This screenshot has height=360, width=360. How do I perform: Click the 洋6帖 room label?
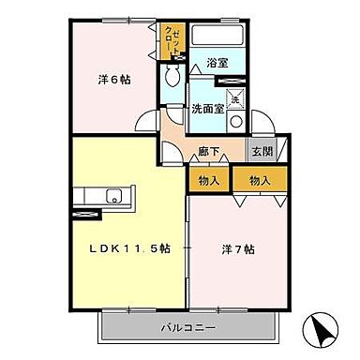[x=114, y=80]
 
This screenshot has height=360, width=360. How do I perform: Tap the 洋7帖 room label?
[x=238, y=249]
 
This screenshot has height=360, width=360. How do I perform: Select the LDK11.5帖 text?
[x=129, y=248]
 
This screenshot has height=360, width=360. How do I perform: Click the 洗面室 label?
[x=207, y=109]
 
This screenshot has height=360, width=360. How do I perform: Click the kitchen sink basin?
[x=114, y=196]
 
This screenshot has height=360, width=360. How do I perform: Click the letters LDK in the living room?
[x=103, y=248]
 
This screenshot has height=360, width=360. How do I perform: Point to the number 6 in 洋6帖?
[x=114, y=80]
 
